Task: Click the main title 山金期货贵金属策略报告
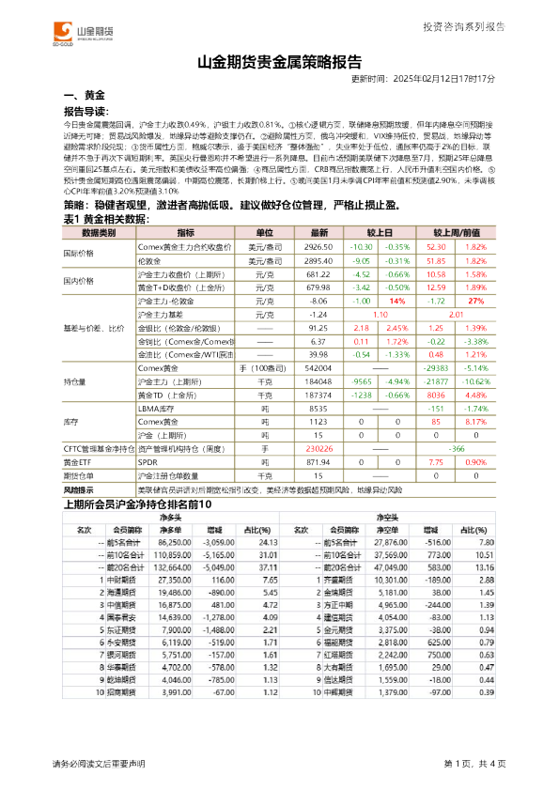pos(280,65)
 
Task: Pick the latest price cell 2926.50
pos(319,245)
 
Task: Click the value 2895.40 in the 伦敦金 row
pos(319,259)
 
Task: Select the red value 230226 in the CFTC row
pos(319,450)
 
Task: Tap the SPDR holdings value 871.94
pos(319,463)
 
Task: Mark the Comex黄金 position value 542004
pos(319,370)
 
